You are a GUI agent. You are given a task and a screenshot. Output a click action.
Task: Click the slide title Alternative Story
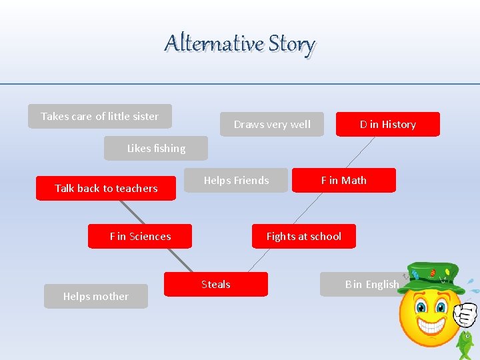pos(240,43)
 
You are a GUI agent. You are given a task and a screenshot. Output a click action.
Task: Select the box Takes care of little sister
pos(100,116)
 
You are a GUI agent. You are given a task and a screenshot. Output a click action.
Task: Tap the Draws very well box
pos(272,124)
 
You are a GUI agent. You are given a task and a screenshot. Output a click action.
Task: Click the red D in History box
pos(387,124)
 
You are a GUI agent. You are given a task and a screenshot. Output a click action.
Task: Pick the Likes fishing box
pos(156,148)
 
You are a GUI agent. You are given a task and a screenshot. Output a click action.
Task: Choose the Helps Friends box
pos(236,180)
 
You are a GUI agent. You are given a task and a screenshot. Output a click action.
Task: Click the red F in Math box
pos(343,180)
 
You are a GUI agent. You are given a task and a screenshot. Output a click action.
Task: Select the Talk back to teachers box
pos(106,188)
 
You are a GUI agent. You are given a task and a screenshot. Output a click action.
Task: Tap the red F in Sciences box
pos(140,236)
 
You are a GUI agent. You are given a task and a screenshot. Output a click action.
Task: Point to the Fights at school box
pos(303,236)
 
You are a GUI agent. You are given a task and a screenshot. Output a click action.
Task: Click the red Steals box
pos(216,284)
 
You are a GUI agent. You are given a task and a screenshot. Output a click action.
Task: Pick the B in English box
pos(363,284)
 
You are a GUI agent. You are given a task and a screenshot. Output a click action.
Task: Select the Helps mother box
pos(96,296)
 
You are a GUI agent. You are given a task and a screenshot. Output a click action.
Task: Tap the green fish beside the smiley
pos(465,344)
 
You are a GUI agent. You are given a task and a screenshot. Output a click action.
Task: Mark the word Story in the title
pos(291,43)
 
